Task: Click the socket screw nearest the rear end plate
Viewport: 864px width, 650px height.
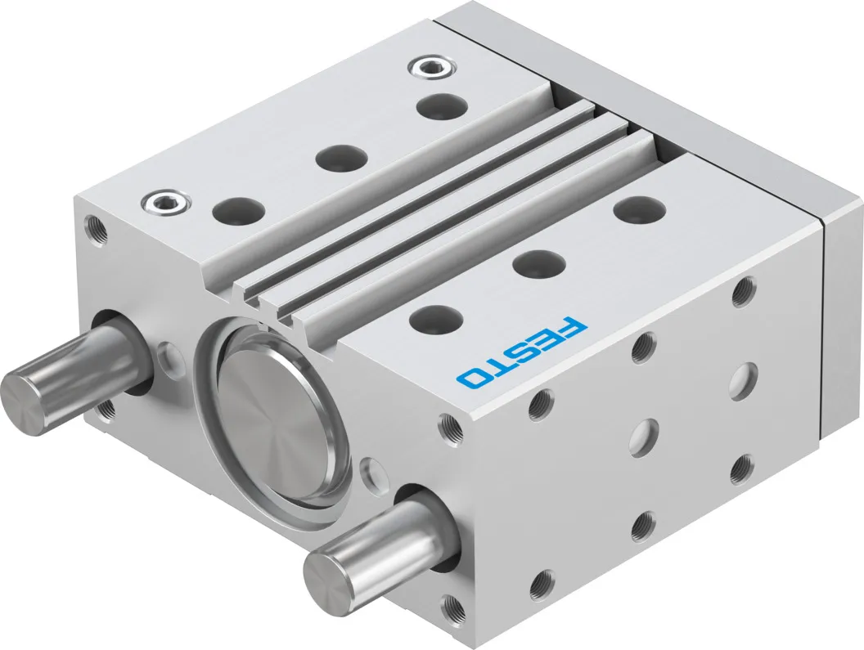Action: point(433,69)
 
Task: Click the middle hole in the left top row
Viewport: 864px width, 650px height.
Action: point(341,157)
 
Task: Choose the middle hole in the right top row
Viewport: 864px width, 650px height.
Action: point(539,262)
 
